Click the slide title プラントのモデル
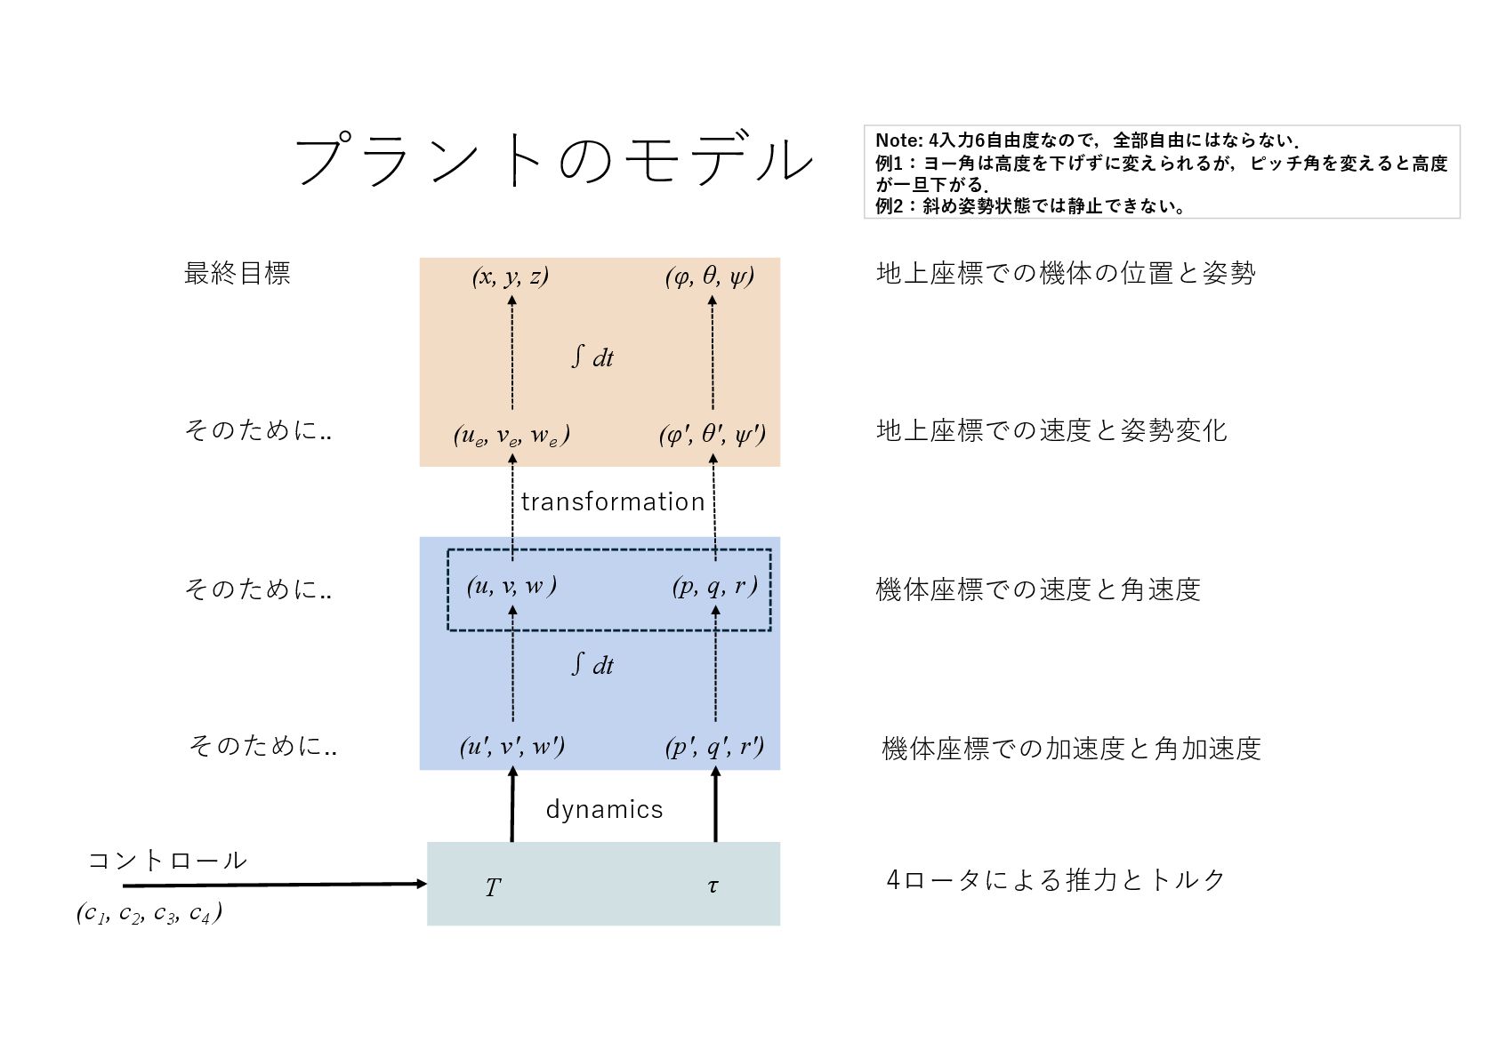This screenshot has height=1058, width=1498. (553, 160)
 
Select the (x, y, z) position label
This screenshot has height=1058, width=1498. (511, 277)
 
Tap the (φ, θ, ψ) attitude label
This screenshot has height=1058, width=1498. (710, 277)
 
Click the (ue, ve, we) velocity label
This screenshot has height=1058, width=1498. (511, 435)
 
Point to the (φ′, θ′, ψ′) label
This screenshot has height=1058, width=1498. (712, 435)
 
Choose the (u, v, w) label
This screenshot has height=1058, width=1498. (511, 586)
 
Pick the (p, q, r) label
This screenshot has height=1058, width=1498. (714, 586)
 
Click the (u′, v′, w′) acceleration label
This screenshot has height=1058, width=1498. (511, 746)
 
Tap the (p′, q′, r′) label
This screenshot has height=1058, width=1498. (714, 746)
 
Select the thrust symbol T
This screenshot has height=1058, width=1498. (493, 887)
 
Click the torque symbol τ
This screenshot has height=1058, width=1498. (713, 886)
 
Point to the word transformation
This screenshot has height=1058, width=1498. (613, 502)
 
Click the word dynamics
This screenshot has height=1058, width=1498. (604, 809)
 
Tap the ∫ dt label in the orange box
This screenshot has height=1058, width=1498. (592, 357)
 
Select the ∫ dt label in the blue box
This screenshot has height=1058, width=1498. (592, 665)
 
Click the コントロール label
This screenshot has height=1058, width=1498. (167, 861)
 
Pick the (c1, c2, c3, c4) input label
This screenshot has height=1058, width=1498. (149, 913)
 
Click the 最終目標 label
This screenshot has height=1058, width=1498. (237, 273)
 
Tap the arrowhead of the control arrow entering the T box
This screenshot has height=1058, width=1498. (422, 884)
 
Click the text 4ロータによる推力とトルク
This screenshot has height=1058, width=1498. (1056, 880)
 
